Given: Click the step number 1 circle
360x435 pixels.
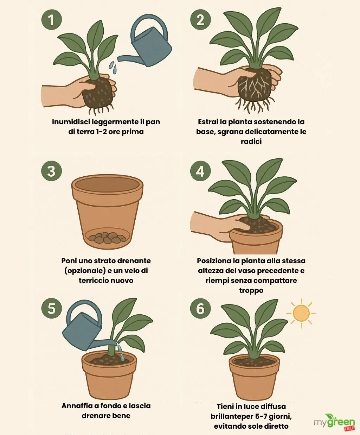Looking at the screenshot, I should (51, 19).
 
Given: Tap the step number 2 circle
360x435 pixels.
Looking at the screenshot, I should (200, 19).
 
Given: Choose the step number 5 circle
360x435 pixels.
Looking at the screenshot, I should (51, 308).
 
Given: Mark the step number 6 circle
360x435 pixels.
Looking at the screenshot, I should (200, 308).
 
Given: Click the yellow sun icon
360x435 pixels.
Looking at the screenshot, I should (301, 313).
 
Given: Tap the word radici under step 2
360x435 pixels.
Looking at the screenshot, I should (251, 141).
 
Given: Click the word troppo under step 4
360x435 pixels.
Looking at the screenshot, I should (251, 290).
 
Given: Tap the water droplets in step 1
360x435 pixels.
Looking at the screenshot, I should (113, 67).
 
